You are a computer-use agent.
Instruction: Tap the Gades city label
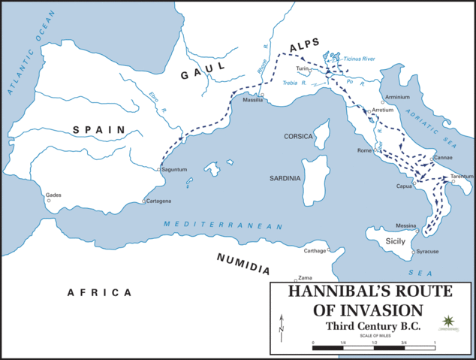tap(53, 194)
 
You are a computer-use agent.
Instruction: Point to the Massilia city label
tap(252, 101)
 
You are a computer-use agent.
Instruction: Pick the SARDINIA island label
tap(285, 178)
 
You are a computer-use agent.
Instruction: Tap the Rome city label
tap(366, 150)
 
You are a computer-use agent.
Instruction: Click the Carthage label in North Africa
tap(315, 250)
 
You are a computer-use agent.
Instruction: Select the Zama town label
tap(305, 277)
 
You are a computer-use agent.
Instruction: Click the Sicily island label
tap(395, 241)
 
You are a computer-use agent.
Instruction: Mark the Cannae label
tap(443, 158)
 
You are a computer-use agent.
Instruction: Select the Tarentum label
tap(462, 176)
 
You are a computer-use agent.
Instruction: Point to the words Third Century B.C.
tap(372, 326)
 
